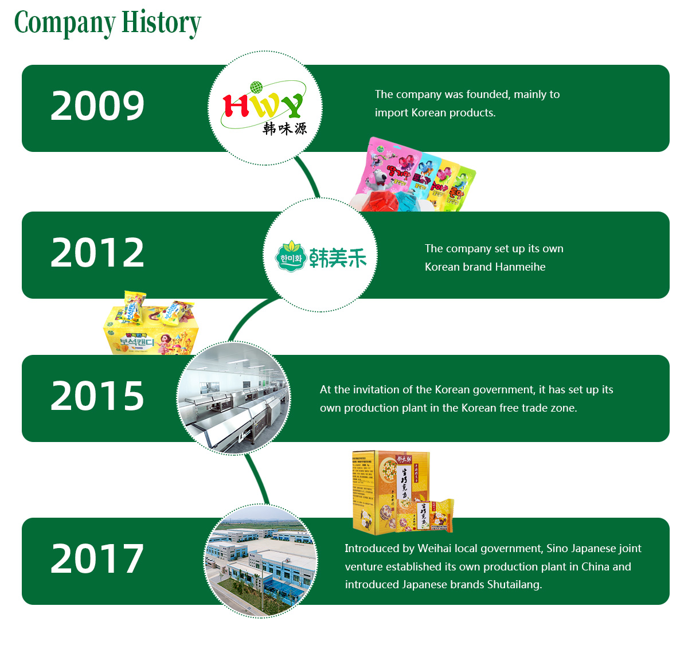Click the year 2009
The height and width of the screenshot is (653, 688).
[x=97, y=106]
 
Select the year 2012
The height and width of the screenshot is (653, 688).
[x=97, y=253]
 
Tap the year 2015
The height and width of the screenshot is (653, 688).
[x=97, y=396]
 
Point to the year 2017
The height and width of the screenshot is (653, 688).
[x=97, y=559]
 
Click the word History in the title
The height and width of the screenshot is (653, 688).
[x=161, y=23]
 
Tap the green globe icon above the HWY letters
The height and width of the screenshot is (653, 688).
[x=256, y=88]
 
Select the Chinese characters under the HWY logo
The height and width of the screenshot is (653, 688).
[x=285, y=128]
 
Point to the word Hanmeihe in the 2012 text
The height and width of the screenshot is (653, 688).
[x=520, y=267]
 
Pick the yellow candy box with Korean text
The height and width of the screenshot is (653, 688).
[x=151, y=333]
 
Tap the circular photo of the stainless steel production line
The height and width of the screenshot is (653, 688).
[x=234, y=398]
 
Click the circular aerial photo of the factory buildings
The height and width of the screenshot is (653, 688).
[x=261, y=561]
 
